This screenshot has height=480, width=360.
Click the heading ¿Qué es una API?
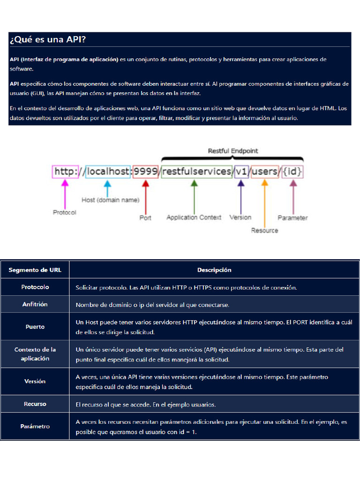pos(48,40)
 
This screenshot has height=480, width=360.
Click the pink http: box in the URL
pos(66,172)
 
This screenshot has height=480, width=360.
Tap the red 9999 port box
pos(145,172)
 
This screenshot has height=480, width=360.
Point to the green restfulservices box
pos(197,172)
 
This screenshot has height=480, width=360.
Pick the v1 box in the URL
pos(241,172)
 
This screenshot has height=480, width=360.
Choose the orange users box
pos(265,172)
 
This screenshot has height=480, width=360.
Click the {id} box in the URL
pos(292,172)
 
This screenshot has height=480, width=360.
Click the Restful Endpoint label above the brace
pos(232,151)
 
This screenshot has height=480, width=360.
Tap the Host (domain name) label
pos(110,200)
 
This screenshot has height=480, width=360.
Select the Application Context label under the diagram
pos(194,217)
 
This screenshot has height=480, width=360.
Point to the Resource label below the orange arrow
pos(264,230)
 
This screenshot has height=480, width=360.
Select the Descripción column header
pos(214,270)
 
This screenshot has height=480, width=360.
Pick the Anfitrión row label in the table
pos(35,304)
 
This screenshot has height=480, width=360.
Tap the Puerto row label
pos(35,327)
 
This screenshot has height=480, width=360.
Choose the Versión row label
pos(35,381)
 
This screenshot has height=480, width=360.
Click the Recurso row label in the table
pos(35,404)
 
